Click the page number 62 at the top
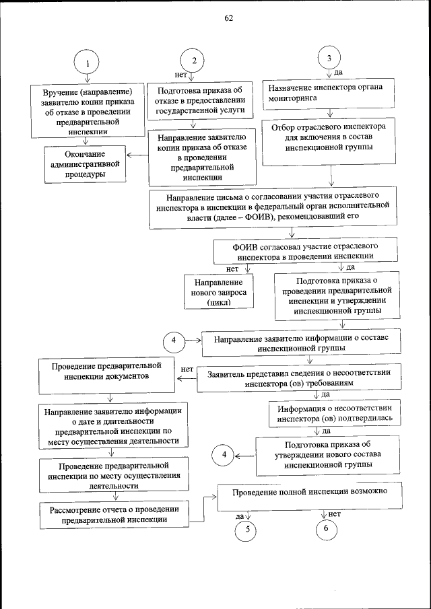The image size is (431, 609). pos(228,18)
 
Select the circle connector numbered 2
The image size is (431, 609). pos(194,60)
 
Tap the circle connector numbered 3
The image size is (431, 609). pos(329,58)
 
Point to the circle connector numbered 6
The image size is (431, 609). pos(327,530)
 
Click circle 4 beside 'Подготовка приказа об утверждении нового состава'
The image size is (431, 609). pos(224,455)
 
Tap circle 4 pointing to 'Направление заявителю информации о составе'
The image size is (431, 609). pos(174,341)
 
